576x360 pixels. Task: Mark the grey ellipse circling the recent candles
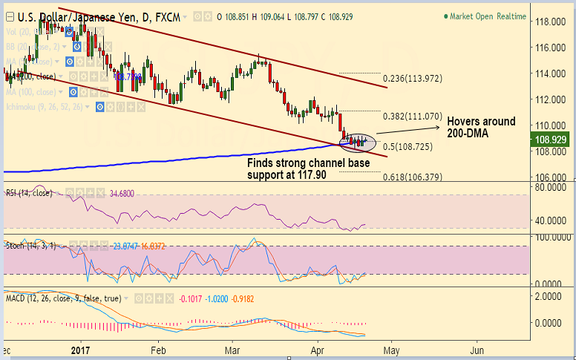[x=359, y=140]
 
